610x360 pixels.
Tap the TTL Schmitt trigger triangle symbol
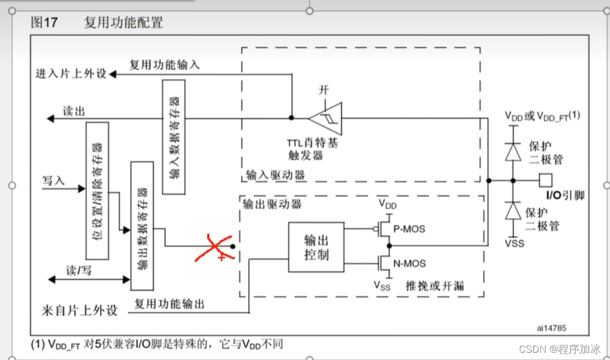pos(325,118)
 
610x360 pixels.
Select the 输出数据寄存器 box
pos(141,226)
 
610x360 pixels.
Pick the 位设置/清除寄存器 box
pos(97,190)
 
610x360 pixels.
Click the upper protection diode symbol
pos(512,152)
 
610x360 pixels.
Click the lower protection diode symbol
pos(512,211)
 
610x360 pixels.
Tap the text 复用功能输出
pos(170,304)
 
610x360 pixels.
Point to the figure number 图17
pos(44,23)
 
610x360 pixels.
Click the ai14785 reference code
pos(552,328)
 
